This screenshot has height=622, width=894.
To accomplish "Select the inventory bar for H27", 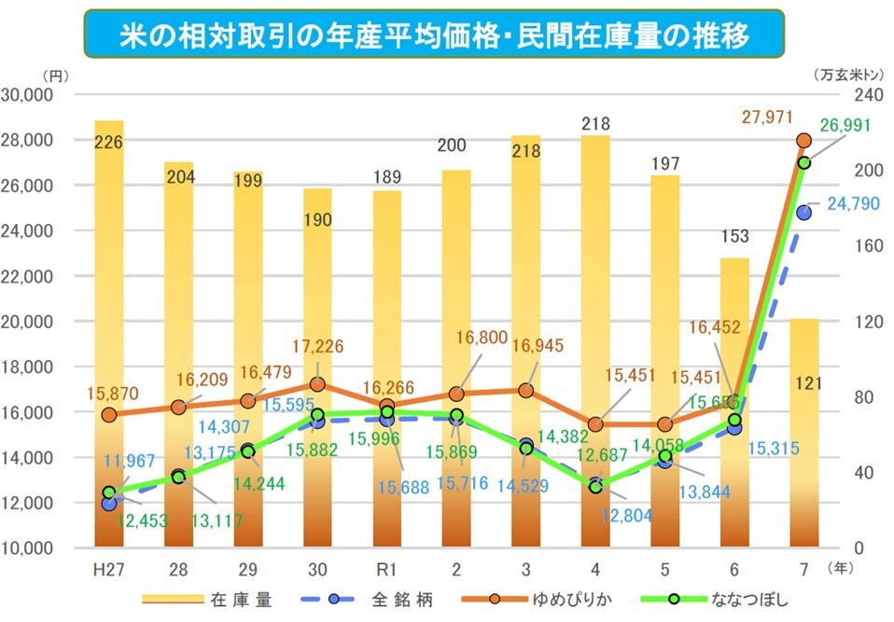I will coord(109,336).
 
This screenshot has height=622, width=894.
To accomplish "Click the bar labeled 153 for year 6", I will coord(734,401).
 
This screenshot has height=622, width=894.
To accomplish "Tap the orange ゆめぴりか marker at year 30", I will coord(317,384).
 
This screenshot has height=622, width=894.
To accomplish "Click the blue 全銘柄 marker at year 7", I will coord(804,213).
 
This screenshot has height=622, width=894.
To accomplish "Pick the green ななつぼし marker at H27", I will coord(109,492).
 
